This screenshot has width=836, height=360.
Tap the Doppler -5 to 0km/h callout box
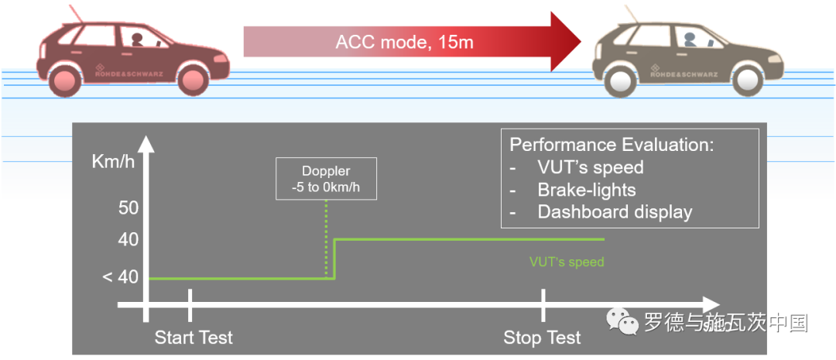(326, 179)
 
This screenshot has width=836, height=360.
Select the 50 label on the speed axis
(128, 207)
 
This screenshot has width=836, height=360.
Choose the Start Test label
(194, 338)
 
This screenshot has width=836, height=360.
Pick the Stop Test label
(542, 338)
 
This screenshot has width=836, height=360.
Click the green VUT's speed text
(567, 262)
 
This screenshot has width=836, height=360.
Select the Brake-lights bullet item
(586, 190)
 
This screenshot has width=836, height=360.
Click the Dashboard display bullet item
(615, 211)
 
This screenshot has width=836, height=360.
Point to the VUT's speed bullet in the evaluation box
(590, 167)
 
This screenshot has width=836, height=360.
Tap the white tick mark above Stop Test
(543, 305)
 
